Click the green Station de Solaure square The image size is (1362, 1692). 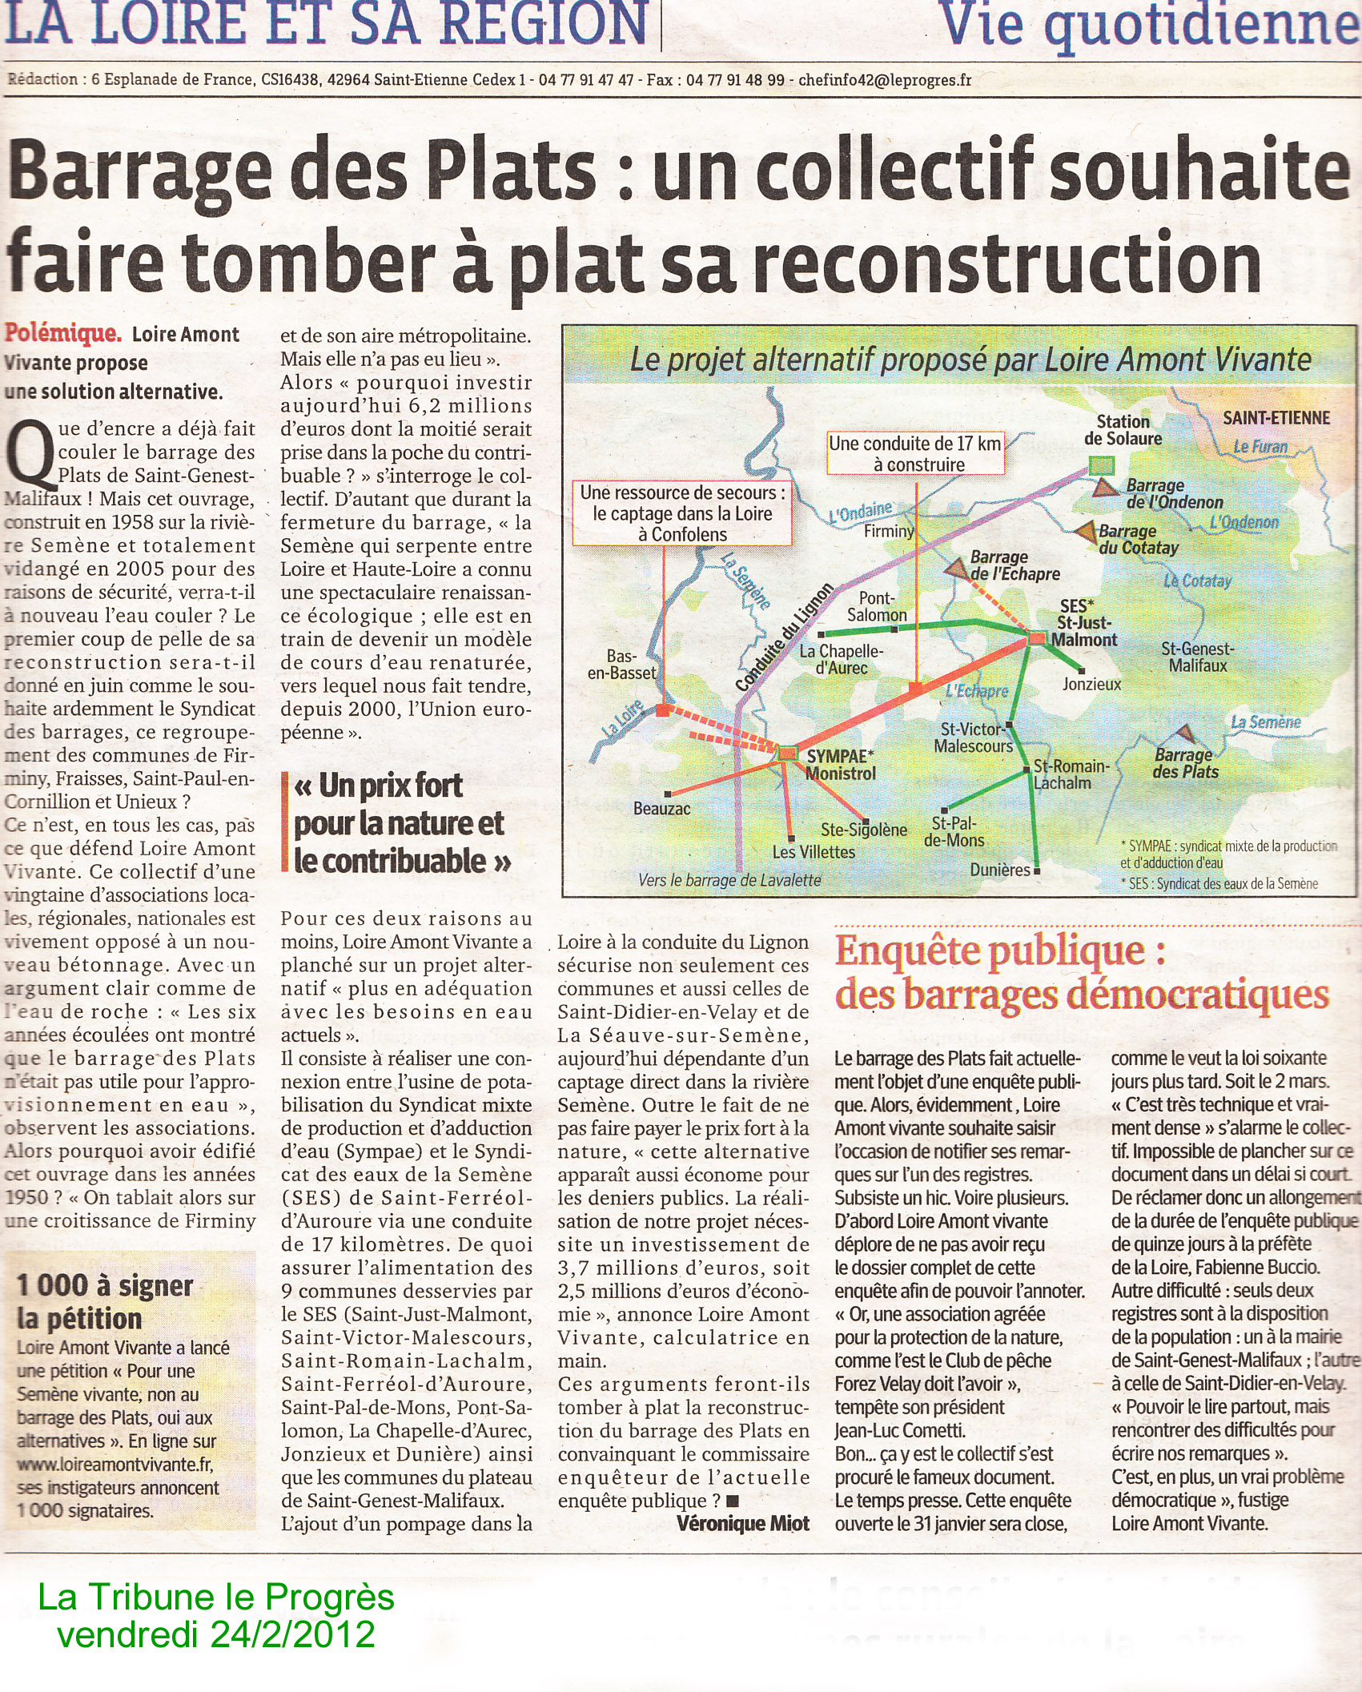point(1102,465)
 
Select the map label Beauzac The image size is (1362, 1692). point(661,808)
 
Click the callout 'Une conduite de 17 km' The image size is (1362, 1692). point(914,453)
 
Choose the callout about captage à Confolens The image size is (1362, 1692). point(682,513)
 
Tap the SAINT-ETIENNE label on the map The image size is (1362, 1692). point(1276,417)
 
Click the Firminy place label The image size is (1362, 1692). point(889,531)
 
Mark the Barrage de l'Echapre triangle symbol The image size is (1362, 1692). point(956,569)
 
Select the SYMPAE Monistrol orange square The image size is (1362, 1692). point(788,752)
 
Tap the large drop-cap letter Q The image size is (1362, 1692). point(30,454)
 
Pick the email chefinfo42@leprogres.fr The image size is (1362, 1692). point(885,80)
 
